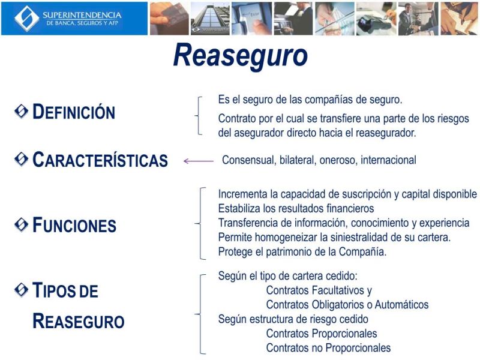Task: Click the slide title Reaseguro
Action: click(240, 56)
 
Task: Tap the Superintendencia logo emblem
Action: click(26, 18)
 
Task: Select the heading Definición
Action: click(73, 112)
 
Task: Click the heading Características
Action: click(100, 160)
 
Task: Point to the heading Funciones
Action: click(74, 226)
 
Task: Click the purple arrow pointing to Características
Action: click(199, 161)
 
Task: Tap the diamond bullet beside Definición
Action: click(21, 111)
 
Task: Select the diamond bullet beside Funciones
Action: click(21, 224)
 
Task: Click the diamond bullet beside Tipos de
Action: click(21, 290)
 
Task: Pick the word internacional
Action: click(388, 160)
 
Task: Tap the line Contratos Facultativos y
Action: click(319, 290)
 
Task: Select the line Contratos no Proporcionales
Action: click(328, 348)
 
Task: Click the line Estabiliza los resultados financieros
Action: click(296, 209)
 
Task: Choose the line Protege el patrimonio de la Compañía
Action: click(302, 252)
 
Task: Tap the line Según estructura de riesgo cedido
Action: click(293, 319)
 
